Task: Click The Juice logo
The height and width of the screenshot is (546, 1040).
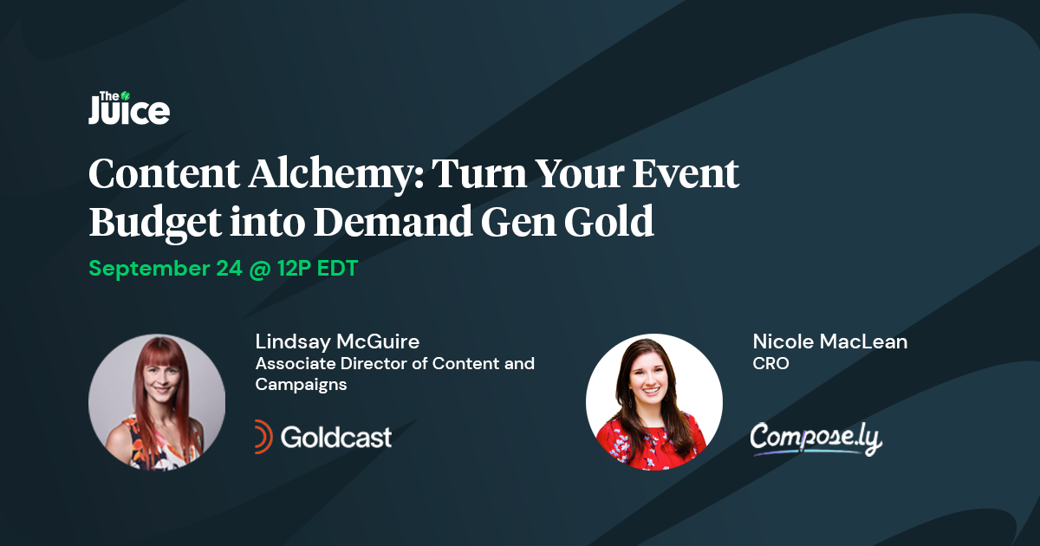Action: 128,108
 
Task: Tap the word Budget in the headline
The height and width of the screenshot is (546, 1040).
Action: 152,223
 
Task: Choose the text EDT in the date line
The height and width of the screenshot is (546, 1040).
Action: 336,269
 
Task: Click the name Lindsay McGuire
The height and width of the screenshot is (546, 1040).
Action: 337,341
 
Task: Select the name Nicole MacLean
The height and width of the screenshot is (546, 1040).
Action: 830,341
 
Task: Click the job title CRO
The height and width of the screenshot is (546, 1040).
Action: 770,364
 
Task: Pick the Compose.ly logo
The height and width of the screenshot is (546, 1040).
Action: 816,438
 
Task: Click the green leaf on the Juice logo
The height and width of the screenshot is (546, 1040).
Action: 126,95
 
